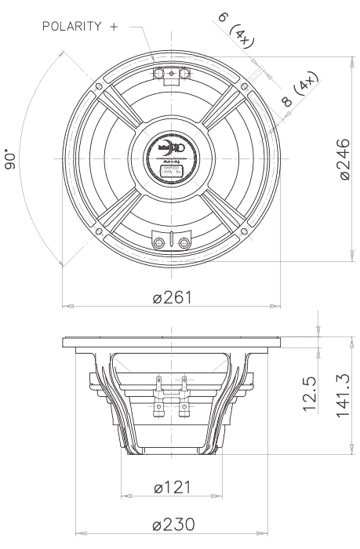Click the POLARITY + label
(81, 27)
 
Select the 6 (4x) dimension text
(232, 31)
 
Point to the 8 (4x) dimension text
(300, 90)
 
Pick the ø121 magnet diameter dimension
(171, 488)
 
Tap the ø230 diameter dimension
(172, 525)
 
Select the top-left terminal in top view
(158, 73)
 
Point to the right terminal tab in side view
(184, 385)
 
